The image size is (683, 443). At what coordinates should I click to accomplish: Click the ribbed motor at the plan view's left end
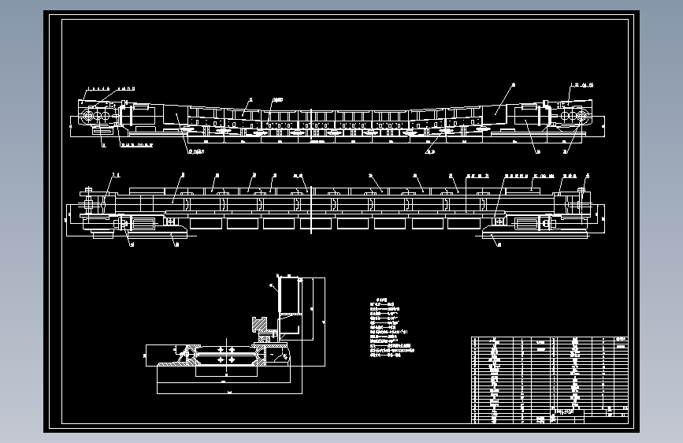[x=141, y=225]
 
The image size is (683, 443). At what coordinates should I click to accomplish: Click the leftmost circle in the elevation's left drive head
[x=87, y=116]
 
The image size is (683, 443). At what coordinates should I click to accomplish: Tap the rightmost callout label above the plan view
[x=587, y=176]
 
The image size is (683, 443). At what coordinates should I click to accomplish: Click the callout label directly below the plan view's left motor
[x=131, y=244]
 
